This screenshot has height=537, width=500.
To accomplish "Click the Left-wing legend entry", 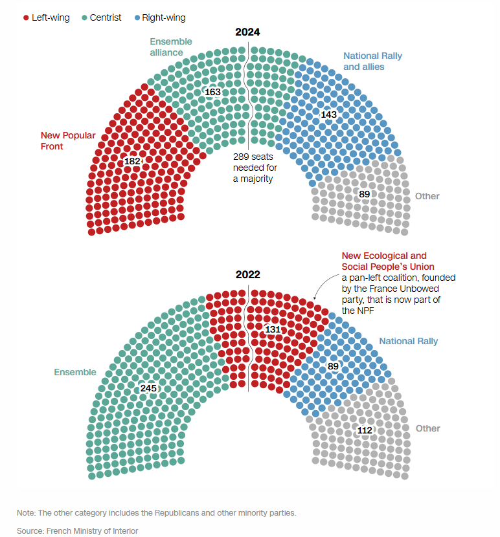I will pyautogui.click(x=46, y=17).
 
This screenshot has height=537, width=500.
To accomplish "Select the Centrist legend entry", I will pyautogui.click(x=101, y=17).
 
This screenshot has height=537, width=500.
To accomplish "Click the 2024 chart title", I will pyautogui.click(x=248, y=32).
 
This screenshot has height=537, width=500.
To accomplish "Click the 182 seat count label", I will pyautogui.click(x=132, y=160).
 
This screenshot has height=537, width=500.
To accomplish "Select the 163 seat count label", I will pyautogui.click(x=212, y=92).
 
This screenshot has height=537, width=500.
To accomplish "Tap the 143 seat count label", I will pyautogui.click(x=329, y=115).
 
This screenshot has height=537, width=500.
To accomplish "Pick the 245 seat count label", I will pyautogui.click(x=148, y=388).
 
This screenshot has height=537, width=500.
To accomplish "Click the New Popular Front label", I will pyautogui.click(x=68, y=141).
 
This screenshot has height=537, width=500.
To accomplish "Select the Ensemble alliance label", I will pyautogui.click(x=166, y=47).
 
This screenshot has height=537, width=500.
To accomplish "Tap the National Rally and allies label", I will pyautogui.click(x=372, y=61).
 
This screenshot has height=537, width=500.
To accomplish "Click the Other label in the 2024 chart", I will pyautogui.click(x=427, y=196).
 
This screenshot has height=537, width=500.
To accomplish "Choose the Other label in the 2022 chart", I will pyautogui.click(x=427, y=428).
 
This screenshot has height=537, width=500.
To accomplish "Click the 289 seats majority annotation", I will pyautogui.click(x=253, y=168).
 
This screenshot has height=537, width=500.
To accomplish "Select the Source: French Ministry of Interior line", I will pyautogui.click(x=78, y=531).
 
